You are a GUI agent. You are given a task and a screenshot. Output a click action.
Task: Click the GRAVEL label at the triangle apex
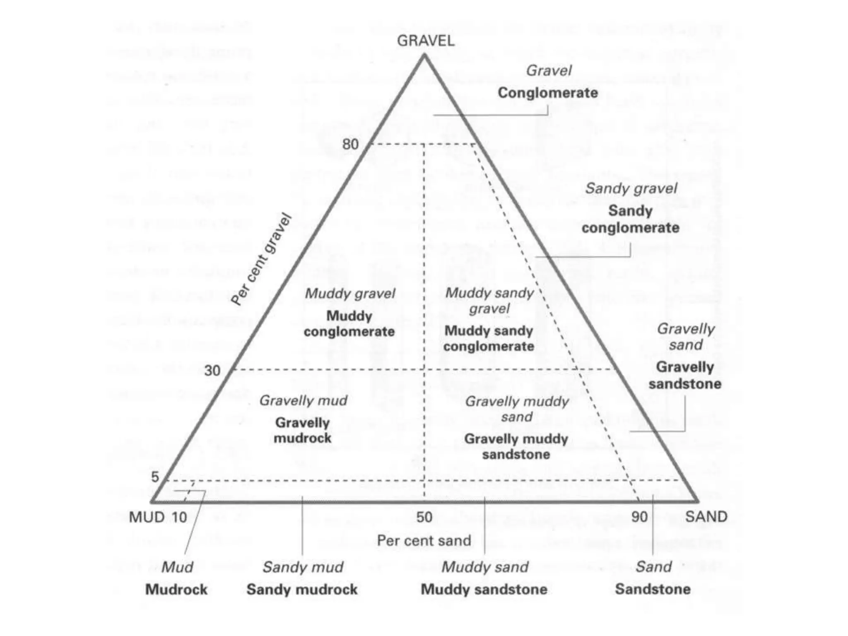click(x=425, y=41)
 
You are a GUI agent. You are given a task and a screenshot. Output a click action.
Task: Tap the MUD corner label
click(x=147, y=517)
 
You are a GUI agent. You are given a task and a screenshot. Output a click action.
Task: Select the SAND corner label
click(x=706, y=517)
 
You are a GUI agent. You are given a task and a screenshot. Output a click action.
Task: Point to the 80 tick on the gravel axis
click(x=350, y=145)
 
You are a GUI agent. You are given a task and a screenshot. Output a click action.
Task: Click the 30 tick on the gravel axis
click(x=212, y=370)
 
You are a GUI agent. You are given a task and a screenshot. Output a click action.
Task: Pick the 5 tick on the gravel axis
click(x=155, y=477)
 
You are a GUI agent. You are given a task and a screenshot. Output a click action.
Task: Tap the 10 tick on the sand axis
click(x=179, y=517)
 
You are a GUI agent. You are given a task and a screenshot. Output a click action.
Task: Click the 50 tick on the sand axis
click(x=424, y=517)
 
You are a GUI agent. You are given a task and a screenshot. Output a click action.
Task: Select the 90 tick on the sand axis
click(x=639, y=517)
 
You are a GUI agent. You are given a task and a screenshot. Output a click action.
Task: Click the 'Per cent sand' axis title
click(x=424, y=540)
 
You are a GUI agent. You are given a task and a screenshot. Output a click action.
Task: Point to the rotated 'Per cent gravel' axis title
click(x=261, y=260)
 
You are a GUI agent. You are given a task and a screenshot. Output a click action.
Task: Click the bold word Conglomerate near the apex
click(x=547, y=93)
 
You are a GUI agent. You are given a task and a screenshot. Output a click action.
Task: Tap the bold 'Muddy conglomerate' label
click(x=349, y=323)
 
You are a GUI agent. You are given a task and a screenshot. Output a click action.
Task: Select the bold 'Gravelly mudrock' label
click(x=302, y=430)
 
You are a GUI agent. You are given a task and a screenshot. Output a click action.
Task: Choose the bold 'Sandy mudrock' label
click(x=302, y=589)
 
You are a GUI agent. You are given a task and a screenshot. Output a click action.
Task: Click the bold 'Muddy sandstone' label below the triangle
click(x=484, y=589)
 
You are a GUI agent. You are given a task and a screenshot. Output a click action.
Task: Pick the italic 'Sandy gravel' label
click(x=631, y=189)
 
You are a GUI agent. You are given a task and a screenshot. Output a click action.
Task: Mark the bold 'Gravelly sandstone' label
click(x=685, y=375)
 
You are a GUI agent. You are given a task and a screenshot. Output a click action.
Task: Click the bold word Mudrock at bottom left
click(x=176, y=589)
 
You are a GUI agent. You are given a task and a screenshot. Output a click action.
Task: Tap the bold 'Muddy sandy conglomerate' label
click(x=489, y=338)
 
